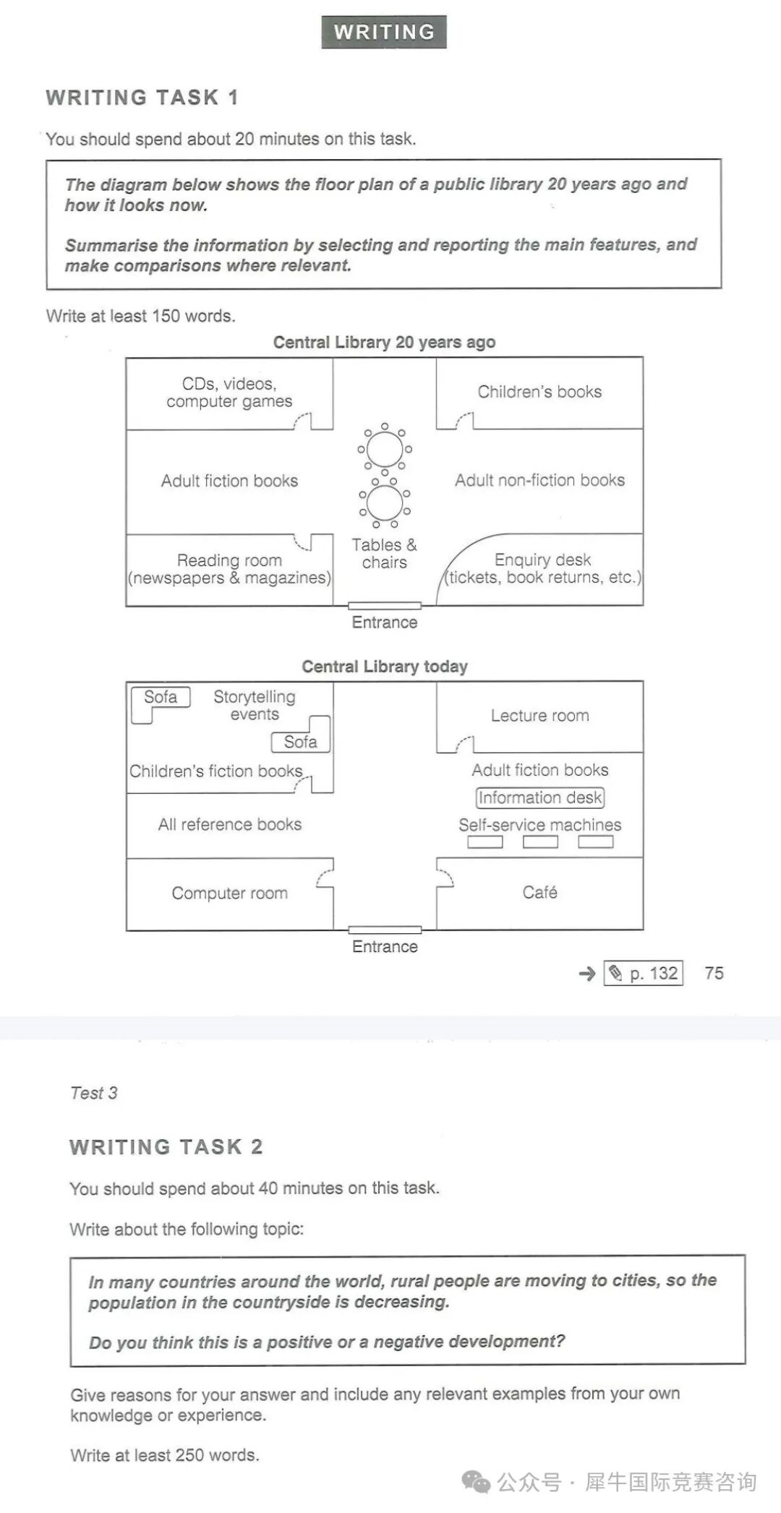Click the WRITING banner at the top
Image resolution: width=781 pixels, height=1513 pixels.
(384, 32)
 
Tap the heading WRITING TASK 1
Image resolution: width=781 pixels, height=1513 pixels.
(142, 98)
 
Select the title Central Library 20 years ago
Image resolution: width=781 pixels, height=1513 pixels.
(384, 342)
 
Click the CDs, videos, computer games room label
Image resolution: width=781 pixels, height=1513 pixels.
(229, 393)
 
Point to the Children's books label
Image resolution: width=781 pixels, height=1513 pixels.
(539, 392)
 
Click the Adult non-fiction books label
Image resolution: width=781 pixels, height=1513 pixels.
(539, 480)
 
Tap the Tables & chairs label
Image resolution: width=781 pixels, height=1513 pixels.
(384, 554)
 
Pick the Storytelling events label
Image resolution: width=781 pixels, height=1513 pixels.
(255, 706)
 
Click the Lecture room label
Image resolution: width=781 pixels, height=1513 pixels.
(539, 716)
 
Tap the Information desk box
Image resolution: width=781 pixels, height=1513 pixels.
(539, 797)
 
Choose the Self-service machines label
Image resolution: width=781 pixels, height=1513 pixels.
(539, 825)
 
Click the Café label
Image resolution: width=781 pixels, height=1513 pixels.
(539, 893)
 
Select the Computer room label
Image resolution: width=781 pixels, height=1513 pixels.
(229, 893)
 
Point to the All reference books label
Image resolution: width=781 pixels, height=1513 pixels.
(229, 825)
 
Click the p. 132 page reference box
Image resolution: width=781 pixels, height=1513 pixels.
(644, 974)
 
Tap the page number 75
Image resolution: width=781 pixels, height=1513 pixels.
(714, 974)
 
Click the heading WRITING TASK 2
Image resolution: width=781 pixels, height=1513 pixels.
(166, 1147)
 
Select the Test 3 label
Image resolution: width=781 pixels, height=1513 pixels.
(93, 1093)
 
